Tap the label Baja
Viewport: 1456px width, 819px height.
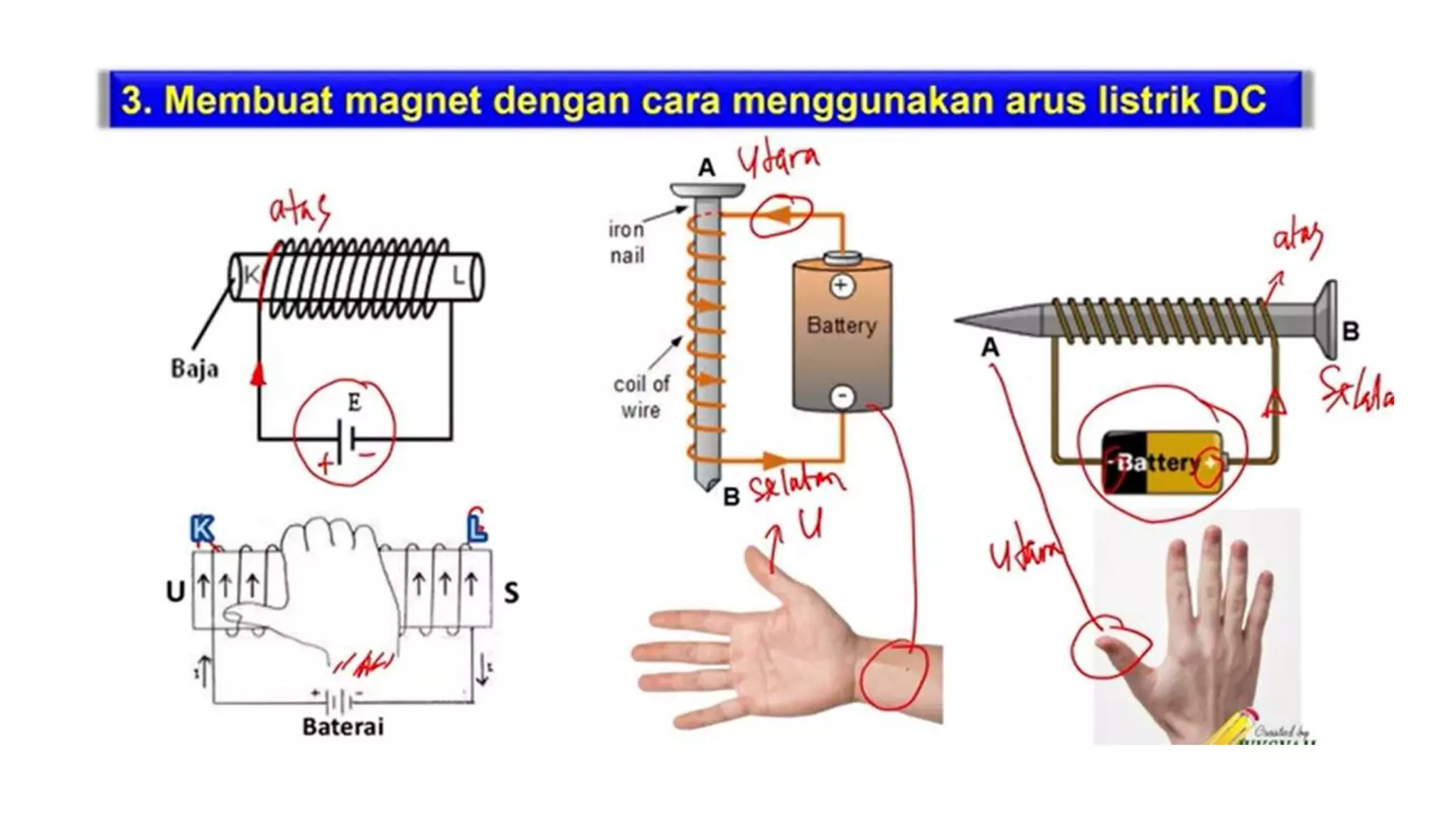194,369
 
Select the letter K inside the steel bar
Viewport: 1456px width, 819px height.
250,275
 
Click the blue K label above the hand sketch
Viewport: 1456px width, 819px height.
202,530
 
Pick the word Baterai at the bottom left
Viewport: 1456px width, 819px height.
343,727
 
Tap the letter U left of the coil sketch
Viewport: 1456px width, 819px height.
175,591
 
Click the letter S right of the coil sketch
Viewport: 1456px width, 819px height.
511,592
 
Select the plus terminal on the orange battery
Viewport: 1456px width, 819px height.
842,286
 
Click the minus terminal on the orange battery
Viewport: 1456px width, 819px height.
842,395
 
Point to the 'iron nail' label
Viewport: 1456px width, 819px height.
626,242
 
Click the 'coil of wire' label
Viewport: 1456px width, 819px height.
641,397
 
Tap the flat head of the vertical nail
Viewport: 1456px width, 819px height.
707,190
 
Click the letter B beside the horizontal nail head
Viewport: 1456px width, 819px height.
1350,331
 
